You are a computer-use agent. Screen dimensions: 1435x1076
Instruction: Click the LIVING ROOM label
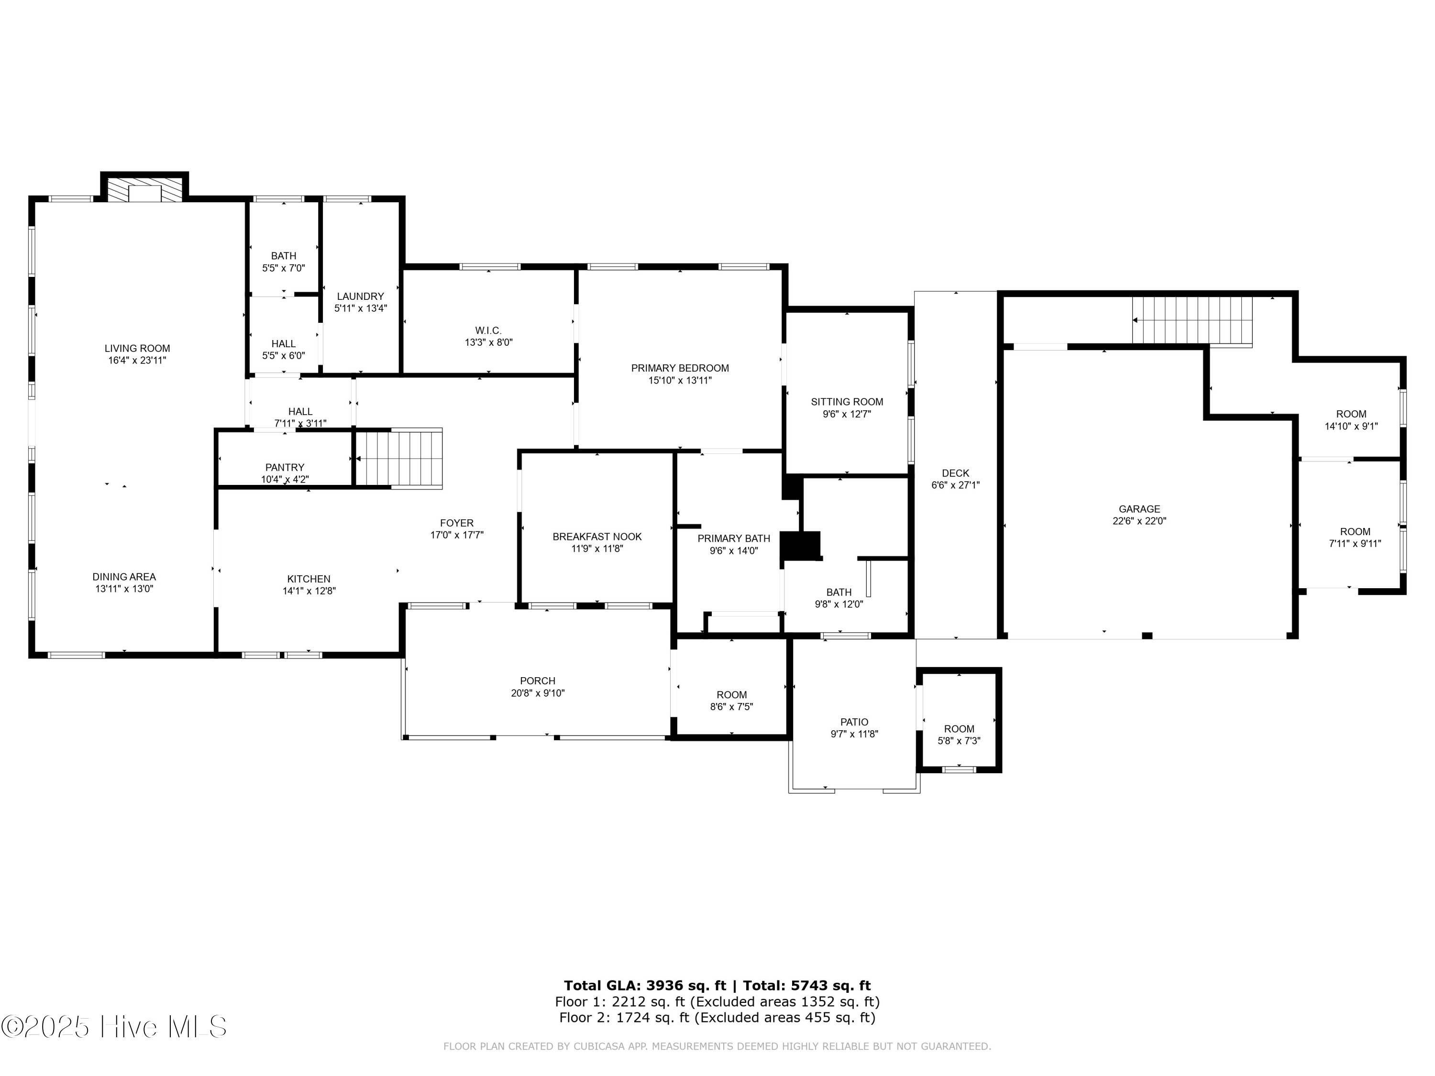[x=138, y=348]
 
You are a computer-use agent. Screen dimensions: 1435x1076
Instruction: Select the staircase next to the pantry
[x=399, y=458]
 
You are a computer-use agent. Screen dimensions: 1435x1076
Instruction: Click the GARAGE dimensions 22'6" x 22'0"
[x=1139, y=521]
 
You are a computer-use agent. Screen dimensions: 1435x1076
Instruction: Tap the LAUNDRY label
[x=360, y=296]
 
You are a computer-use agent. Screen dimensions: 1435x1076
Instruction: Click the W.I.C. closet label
[x=488, y=331]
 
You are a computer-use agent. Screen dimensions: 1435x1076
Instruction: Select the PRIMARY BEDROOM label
[x=680, y=368]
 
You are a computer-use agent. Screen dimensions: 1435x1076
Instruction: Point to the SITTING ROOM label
[x=847, y=402]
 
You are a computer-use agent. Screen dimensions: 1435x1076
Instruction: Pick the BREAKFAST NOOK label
[x=597, y=537]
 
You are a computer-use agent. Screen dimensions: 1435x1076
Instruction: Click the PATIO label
[x=854, y=723]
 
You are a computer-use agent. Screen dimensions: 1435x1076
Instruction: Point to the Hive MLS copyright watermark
[x=114, y=1027]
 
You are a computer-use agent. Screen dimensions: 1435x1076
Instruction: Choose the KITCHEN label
[x=309, y=579]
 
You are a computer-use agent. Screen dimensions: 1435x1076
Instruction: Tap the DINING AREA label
[x=124, y=577]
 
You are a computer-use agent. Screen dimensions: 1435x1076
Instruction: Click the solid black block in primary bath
[x=801, y=546]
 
